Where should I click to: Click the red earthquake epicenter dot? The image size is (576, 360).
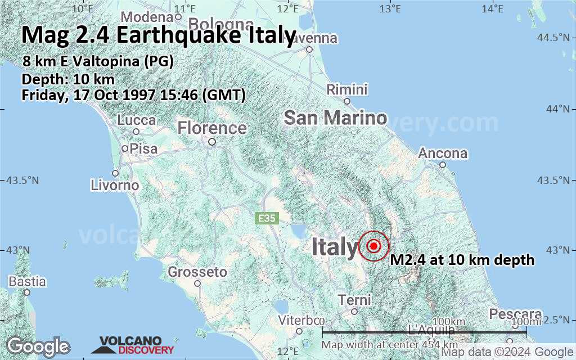point(374,246)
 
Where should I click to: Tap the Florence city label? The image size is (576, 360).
point(212,129)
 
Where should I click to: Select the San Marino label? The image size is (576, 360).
point(335,118)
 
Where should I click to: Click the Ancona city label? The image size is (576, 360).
point(443,154)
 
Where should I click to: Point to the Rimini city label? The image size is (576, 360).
point(347,90)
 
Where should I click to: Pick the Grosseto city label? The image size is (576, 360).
point(197,273)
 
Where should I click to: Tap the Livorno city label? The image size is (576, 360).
point(115,185)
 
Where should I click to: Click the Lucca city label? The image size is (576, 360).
point(137,120)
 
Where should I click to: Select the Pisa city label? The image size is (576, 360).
point(143,150)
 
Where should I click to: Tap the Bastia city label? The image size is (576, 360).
point(26,281)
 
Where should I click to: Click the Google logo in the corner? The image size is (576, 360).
point(38,346)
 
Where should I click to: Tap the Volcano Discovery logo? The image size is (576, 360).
point(133,345)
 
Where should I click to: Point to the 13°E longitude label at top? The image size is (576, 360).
point(390,9)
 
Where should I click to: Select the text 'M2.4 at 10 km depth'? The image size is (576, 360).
point(462,260)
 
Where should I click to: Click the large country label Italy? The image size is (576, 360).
point(334,247)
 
